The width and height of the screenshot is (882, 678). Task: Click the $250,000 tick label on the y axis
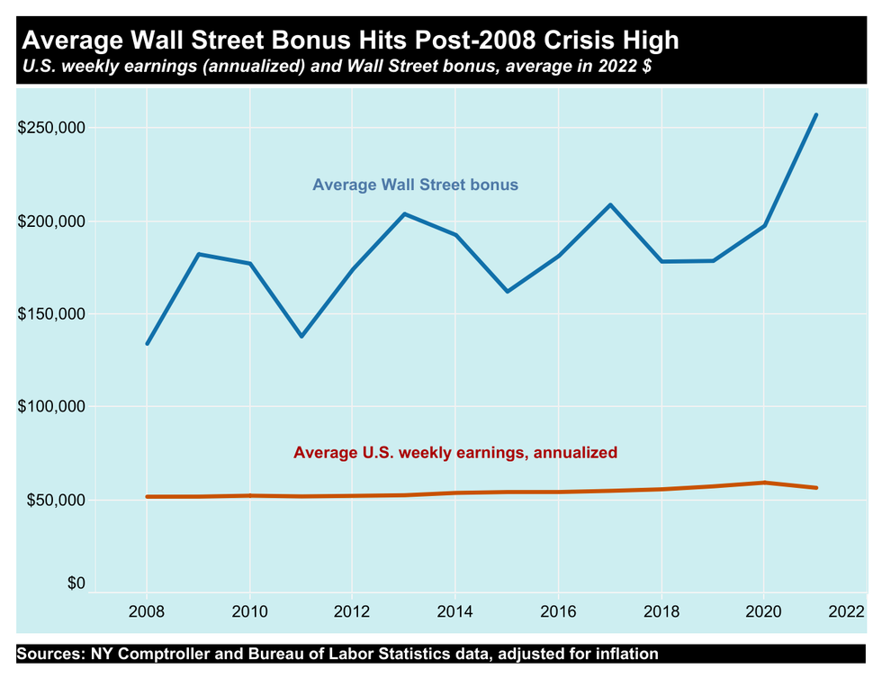51,128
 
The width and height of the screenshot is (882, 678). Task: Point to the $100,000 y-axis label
51,407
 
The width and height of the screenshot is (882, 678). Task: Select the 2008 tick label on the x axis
148,612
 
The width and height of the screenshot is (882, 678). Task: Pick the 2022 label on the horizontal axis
847,612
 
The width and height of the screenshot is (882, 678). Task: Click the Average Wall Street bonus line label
415,185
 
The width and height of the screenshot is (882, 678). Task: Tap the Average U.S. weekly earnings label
455,453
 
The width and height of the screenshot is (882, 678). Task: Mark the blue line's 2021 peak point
815,114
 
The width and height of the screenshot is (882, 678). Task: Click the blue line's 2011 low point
301,337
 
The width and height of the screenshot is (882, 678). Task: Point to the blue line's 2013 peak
404,213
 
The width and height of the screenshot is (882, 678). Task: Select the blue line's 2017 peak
610,204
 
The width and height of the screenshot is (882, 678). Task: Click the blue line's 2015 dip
508,292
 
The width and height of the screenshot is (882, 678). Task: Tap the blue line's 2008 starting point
148,343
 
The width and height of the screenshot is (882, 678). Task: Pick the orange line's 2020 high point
764,483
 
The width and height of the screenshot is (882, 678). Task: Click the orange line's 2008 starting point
148,496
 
